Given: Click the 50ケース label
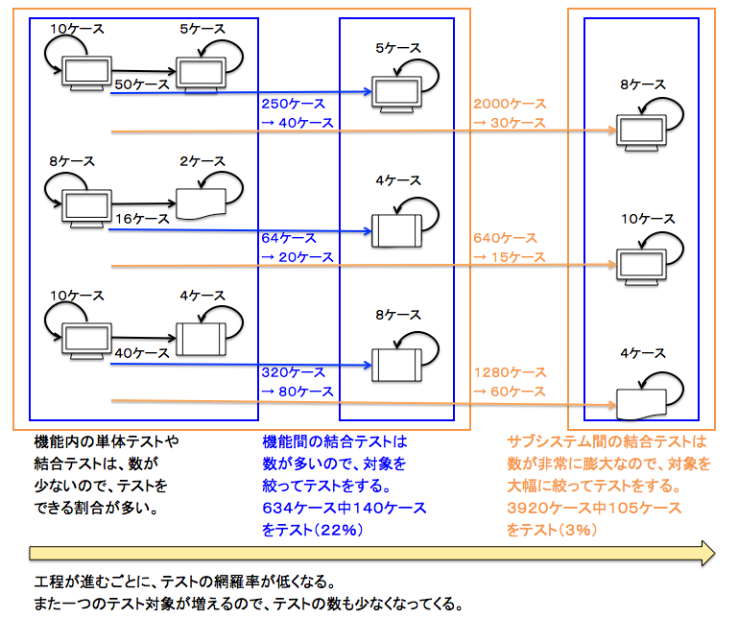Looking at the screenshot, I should [141, 84].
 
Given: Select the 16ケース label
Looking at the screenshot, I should [141, 219].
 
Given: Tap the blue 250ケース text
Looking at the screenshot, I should [293, 104].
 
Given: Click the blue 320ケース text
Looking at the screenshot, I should [293, 372].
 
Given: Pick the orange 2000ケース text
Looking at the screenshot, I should [508, 104].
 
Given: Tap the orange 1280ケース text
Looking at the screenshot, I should [508, 372].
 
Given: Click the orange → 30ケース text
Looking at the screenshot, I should [508, 123].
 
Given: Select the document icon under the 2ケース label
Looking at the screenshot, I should [200, 202].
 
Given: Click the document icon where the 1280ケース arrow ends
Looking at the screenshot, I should [640, 403].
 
